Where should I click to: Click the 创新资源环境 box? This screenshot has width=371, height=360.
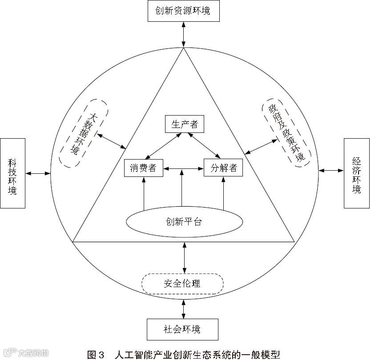click(184, 11)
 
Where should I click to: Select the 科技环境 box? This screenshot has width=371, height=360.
click(12, 173)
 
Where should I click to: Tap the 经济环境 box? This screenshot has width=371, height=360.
click(356, 173)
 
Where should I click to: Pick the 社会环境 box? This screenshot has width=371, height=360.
click(182, 330)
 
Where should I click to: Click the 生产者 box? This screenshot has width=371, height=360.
click(184, 124)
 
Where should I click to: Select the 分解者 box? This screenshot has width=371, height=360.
click(223, 168)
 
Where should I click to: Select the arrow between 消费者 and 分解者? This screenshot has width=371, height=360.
click(184, 168)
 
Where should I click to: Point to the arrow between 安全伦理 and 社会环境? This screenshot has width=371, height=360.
click(184, 307)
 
